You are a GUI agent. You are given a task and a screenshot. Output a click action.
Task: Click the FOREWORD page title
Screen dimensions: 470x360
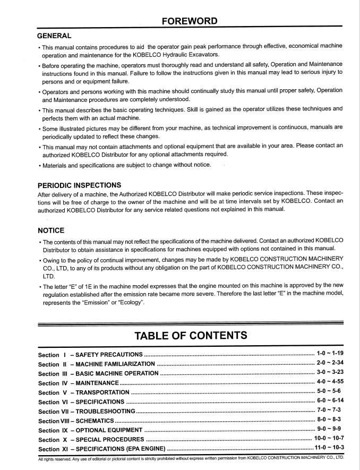coord(190,21)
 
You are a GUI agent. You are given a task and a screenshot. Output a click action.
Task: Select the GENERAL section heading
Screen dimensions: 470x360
coord(54,36)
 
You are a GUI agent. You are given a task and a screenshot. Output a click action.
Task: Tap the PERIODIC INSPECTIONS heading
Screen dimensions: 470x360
coord(79,185)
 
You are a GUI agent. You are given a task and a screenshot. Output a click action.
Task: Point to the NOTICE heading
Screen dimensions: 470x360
coord(51,230)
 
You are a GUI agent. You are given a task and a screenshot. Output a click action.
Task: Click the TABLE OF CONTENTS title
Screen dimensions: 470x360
coord(191,335)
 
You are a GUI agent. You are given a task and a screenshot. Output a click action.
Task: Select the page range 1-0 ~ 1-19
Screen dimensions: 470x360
coord(330,353)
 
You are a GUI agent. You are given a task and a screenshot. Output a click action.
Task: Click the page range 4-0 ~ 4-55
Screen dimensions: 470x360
coord(330,382)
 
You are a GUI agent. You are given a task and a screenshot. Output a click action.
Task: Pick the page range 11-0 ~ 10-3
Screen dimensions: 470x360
coord(329,448)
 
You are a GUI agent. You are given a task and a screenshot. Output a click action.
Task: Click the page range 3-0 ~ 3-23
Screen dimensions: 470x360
coord(330,372)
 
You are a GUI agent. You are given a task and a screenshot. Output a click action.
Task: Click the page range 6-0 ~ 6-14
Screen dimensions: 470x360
coord(330,400)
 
